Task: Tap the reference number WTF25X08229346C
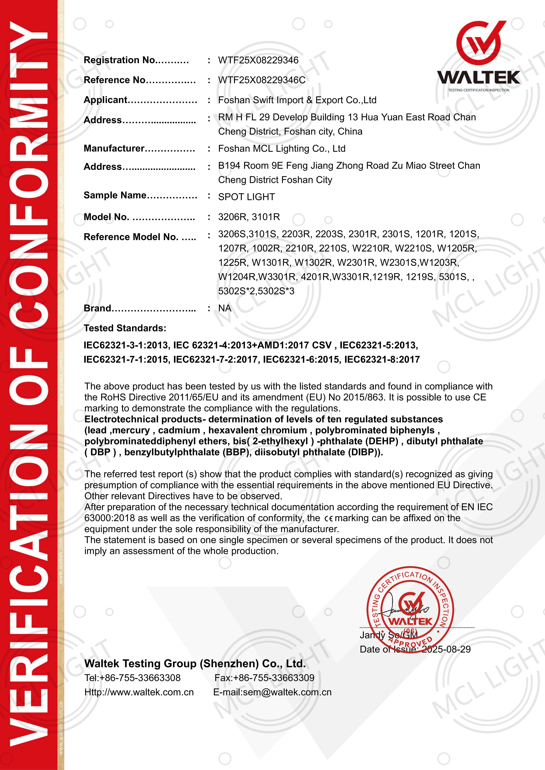pos(262,80)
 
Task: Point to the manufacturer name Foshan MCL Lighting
pos(282,149)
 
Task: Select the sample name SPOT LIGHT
pos(247,197)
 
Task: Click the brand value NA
pos(225,308)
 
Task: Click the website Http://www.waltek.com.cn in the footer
pos(139,692)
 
